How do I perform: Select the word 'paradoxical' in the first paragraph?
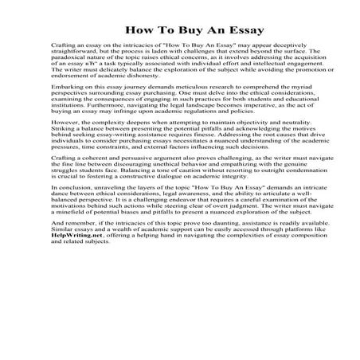(x=68, y=69)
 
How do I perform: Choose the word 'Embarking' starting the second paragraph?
(x=63, y=107)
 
